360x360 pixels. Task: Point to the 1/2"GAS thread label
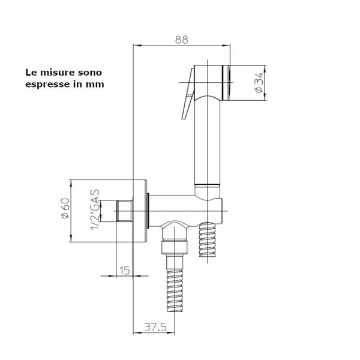point(95,211)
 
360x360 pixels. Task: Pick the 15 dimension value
point(124,271)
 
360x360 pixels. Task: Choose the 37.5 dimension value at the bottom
point(155,327)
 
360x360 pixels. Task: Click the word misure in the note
point(56,71)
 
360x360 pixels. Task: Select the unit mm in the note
point(95,84)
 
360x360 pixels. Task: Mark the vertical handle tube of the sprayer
point(209,144)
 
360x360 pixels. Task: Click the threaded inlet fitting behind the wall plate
point(124,211)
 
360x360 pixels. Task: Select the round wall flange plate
point(140,211)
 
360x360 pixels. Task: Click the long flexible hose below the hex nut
point(174,294)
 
